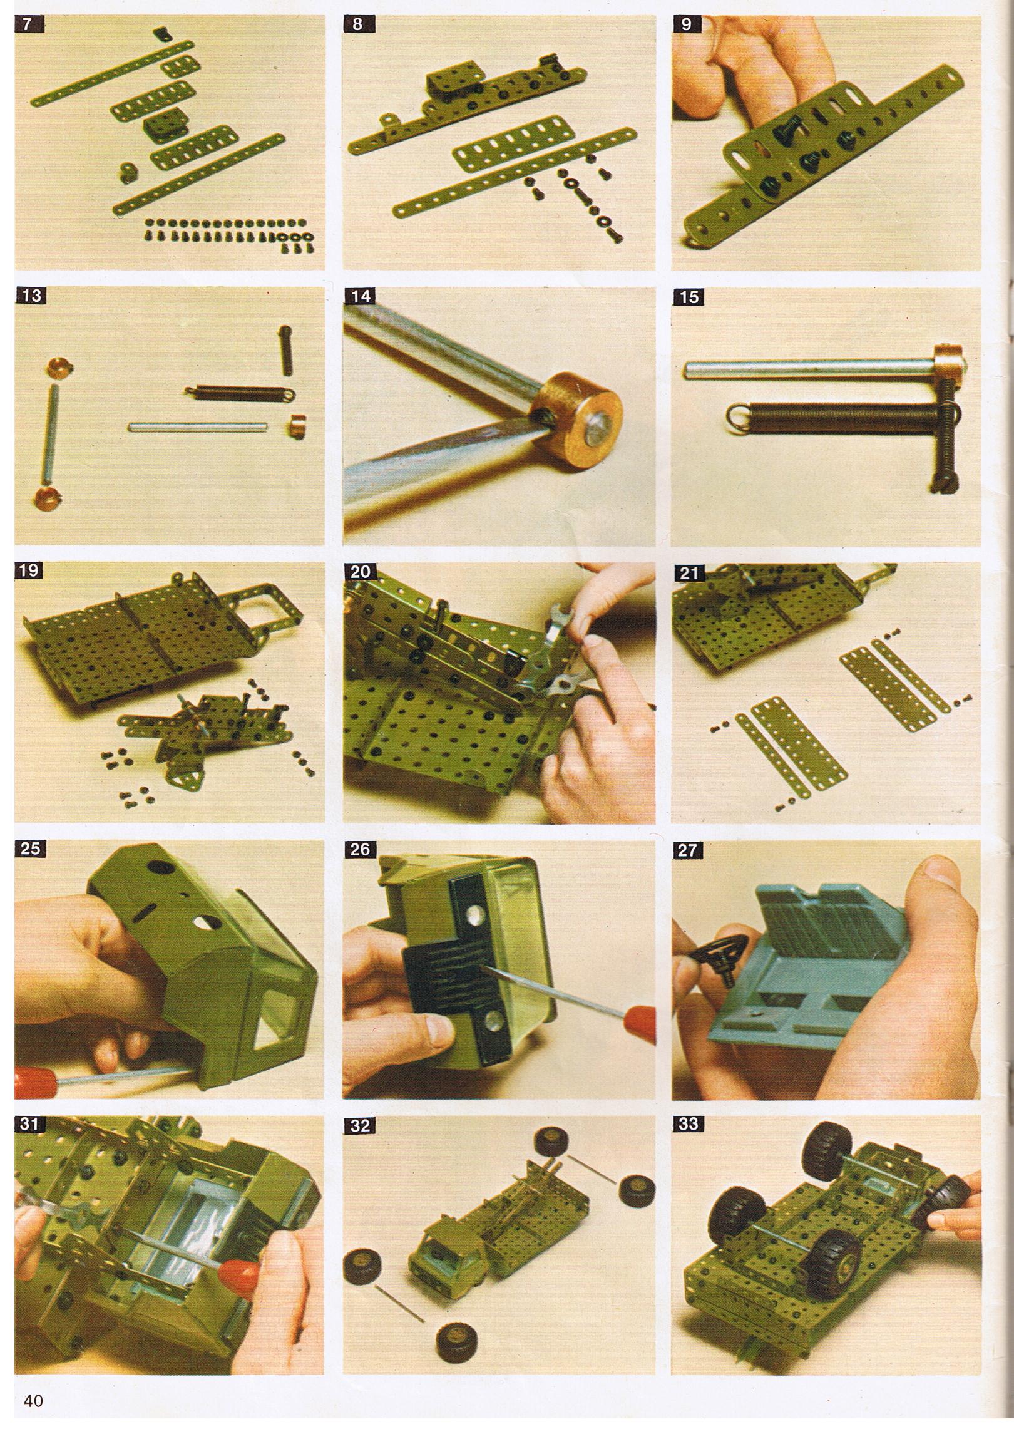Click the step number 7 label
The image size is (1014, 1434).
pos(26,26)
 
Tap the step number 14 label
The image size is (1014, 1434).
pos(361,296)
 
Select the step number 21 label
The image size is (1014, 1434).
pos(689,572)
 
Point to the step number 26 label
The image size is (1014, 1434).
pos(361,849)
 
